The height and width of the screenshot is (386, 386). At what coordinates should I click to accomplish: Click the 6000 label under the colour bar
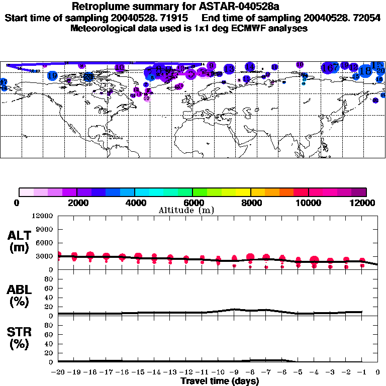click(x=193, y=203)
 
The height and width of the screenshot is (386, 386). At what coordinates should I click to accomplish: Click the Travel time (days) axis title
click(x=220, y=381)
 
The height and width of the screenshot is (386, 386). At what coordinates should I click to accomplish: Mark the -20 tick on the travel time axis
click(x=58, y=372)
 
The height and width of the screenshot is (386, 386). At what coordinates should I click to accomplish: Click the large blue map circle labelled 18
click(x=365, y=71)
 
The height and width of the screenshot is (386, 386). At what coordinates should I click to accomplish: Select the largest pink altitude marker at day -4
click(x=315, y=260)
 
